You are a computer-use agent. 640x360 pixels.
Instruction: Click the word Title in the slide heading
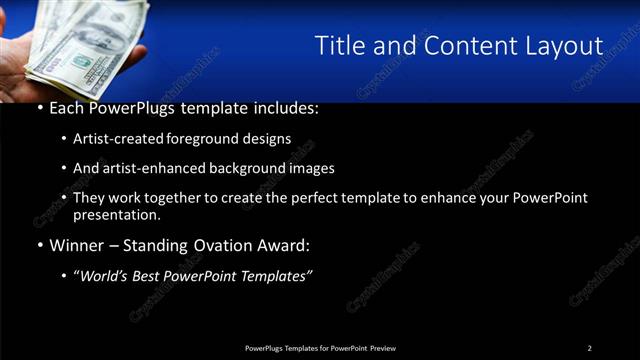coord(340,46)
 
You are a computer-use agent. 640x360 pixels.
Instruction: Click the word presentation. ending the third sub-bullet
coord(116,214)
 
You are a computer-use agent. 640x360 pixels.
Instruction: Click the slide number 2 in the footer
coord(590,348)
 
